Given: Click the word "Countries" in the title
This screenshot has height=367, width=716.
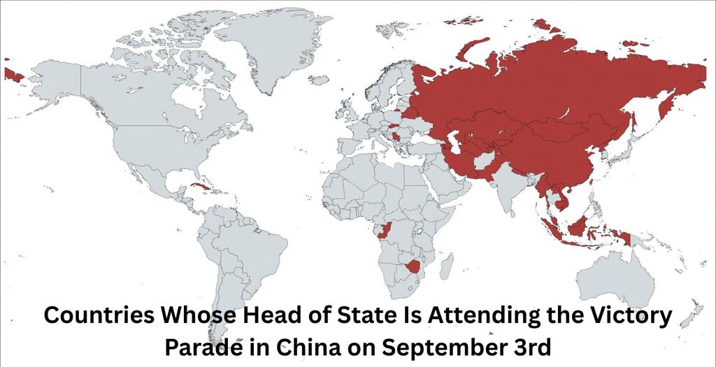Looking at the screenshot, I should (x=98, y=316).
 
